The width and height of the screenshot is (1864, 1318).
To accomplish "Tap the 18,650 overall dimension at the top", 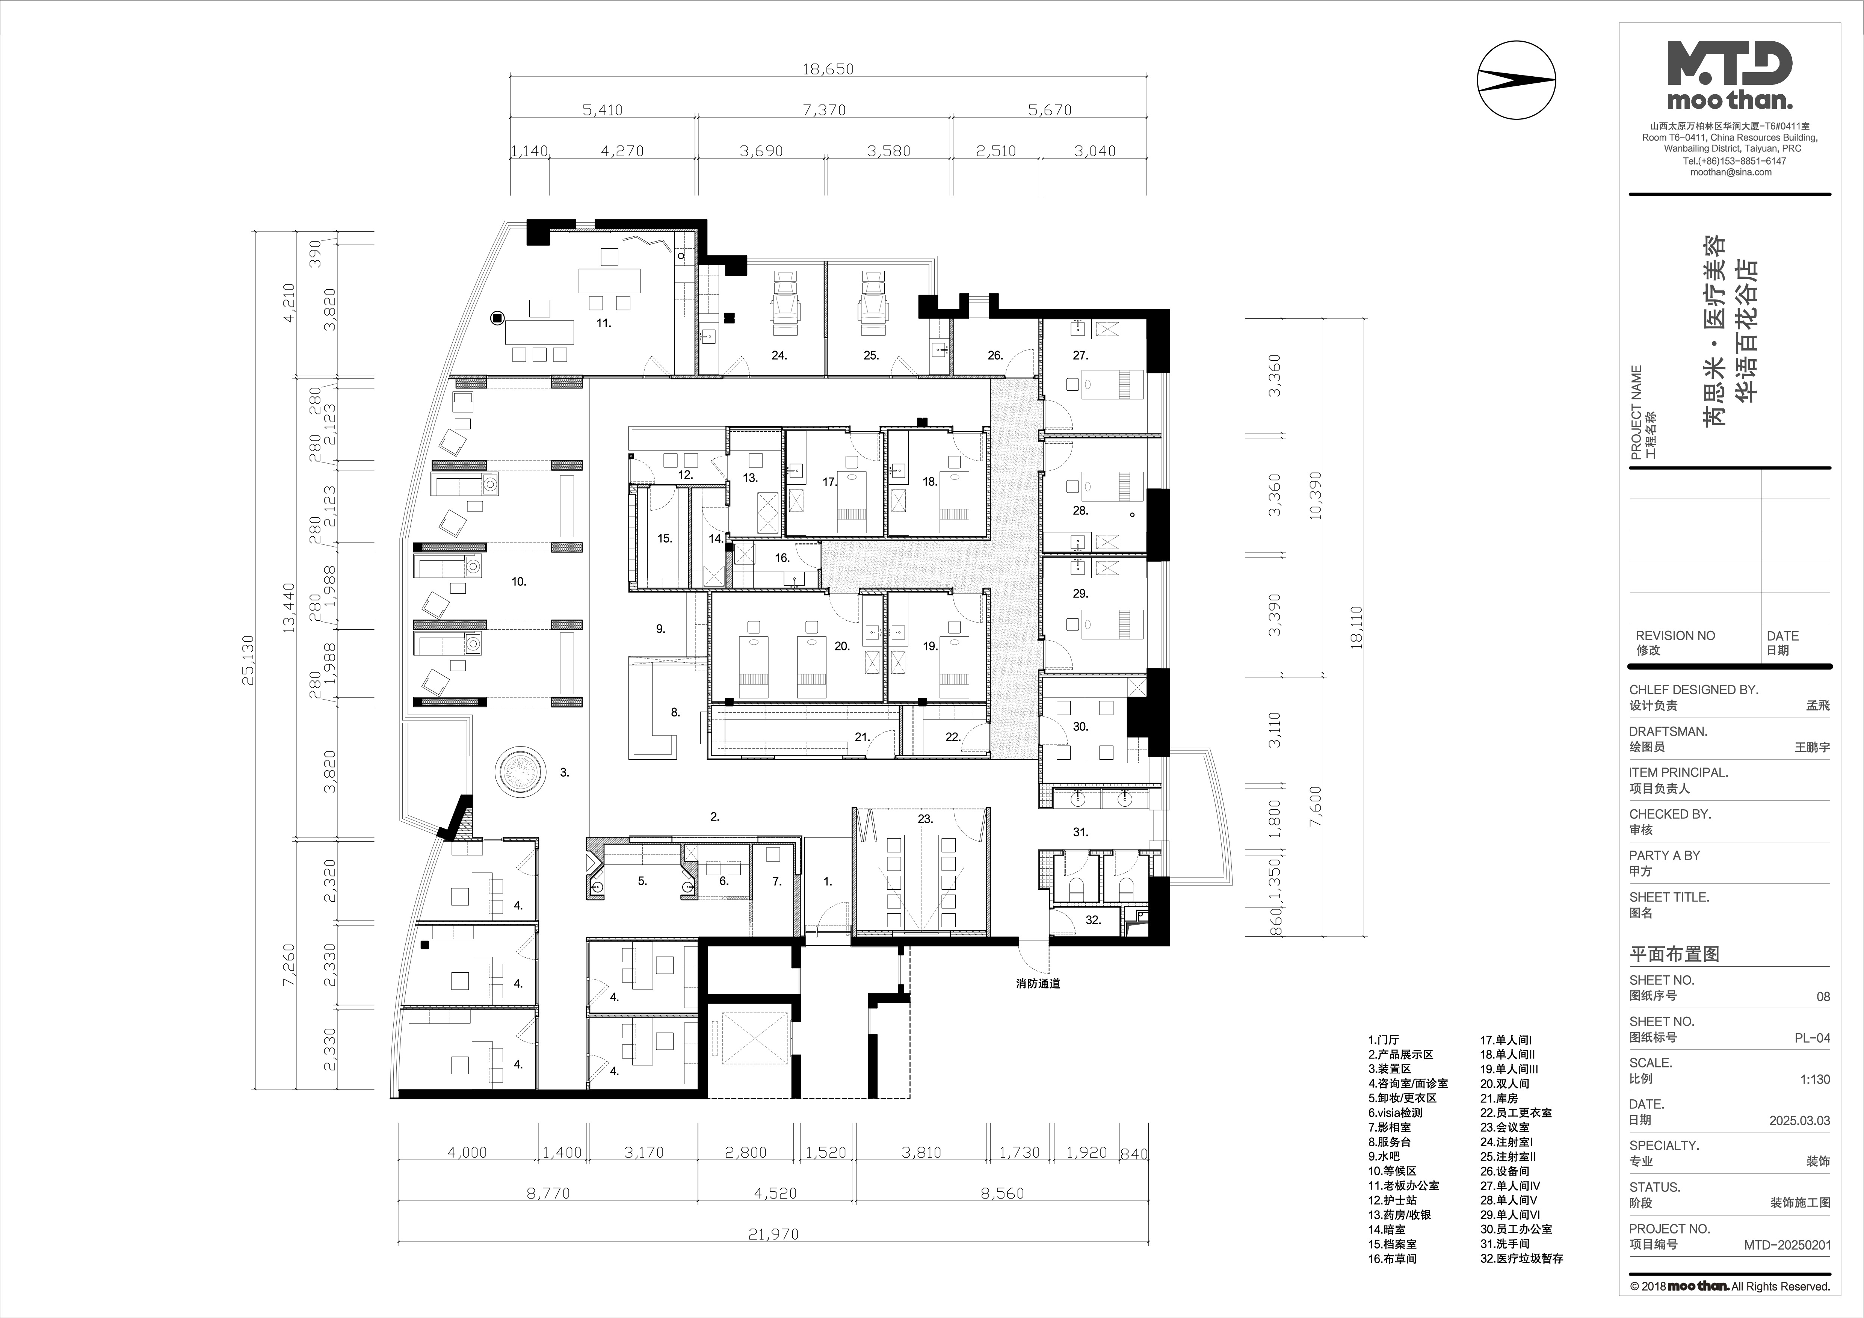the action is point(828,69).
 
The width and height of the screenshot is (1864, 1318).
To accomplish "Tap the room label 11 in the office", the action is point(603,322).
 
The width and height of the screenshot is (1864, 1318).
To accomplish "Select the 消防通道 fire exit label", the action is point(1038,983).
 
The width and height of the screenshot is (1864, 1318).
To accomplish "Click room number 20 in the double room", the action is point(842,646).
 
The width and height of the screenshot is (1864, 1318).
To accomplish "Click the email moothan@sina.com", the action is point(1731,172).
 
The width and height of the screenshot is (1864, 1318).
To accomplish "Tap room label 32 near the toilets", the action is point(1094,920).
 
